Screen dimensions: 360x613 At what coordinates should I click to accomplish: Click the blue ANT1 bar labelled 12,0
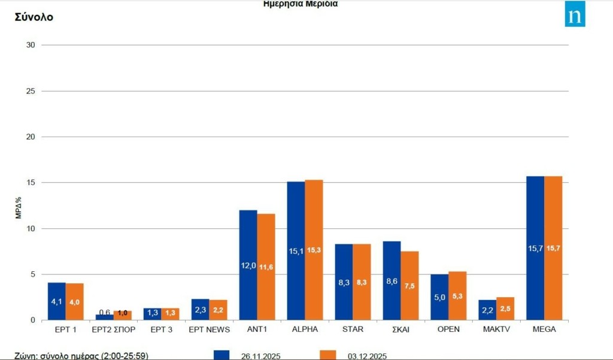[x=248, y=265]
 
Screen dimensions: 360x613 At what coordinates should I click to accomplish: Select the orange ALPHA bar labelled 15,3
[x=314, y=250]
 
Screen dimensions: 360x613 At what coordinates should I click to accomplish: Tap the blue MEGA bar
[x=535, y=248]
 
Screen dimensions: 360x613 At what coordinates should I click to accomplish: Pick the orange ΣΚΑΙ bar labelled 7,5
[x=409, y=285]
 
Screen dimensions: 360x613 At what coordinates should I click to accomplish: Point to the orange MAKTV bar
[x=505, y=308]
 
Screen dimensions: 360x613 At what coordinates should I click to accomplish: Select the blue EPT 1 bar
[x=56, y=301]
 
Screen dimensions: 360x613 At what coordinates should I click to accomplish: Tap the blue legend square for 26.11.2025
[x=221, y=355]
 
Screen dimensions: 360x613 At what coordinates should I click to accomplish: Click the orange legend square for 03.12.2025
[x=328, y=355]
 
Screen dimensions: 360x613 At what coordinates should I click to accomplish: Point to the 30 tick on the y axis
[x=31, y=45]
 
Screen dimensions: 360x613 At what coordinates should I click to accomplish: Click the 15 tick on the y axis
[x=31, y=183]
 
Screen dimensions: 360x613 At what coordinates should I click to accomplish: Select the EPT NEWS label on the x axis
[x=209, y=329]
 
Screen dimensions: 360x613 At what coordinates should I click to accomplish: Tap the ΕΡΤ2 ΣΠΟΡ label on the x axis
[x=113, y=329]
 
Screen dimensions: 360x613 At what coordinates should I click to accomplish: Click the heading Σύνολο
[x=34, y=17]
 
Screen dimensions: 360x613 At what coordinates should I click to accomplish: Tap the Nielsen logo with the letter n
[x=575, y=14]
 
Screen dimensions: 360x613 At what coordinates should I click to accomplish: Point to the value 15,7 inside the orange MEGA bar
[x=553, y=247]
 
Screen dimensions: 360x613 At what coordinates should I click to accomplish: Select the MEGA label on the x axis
[x=544, y=329]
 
